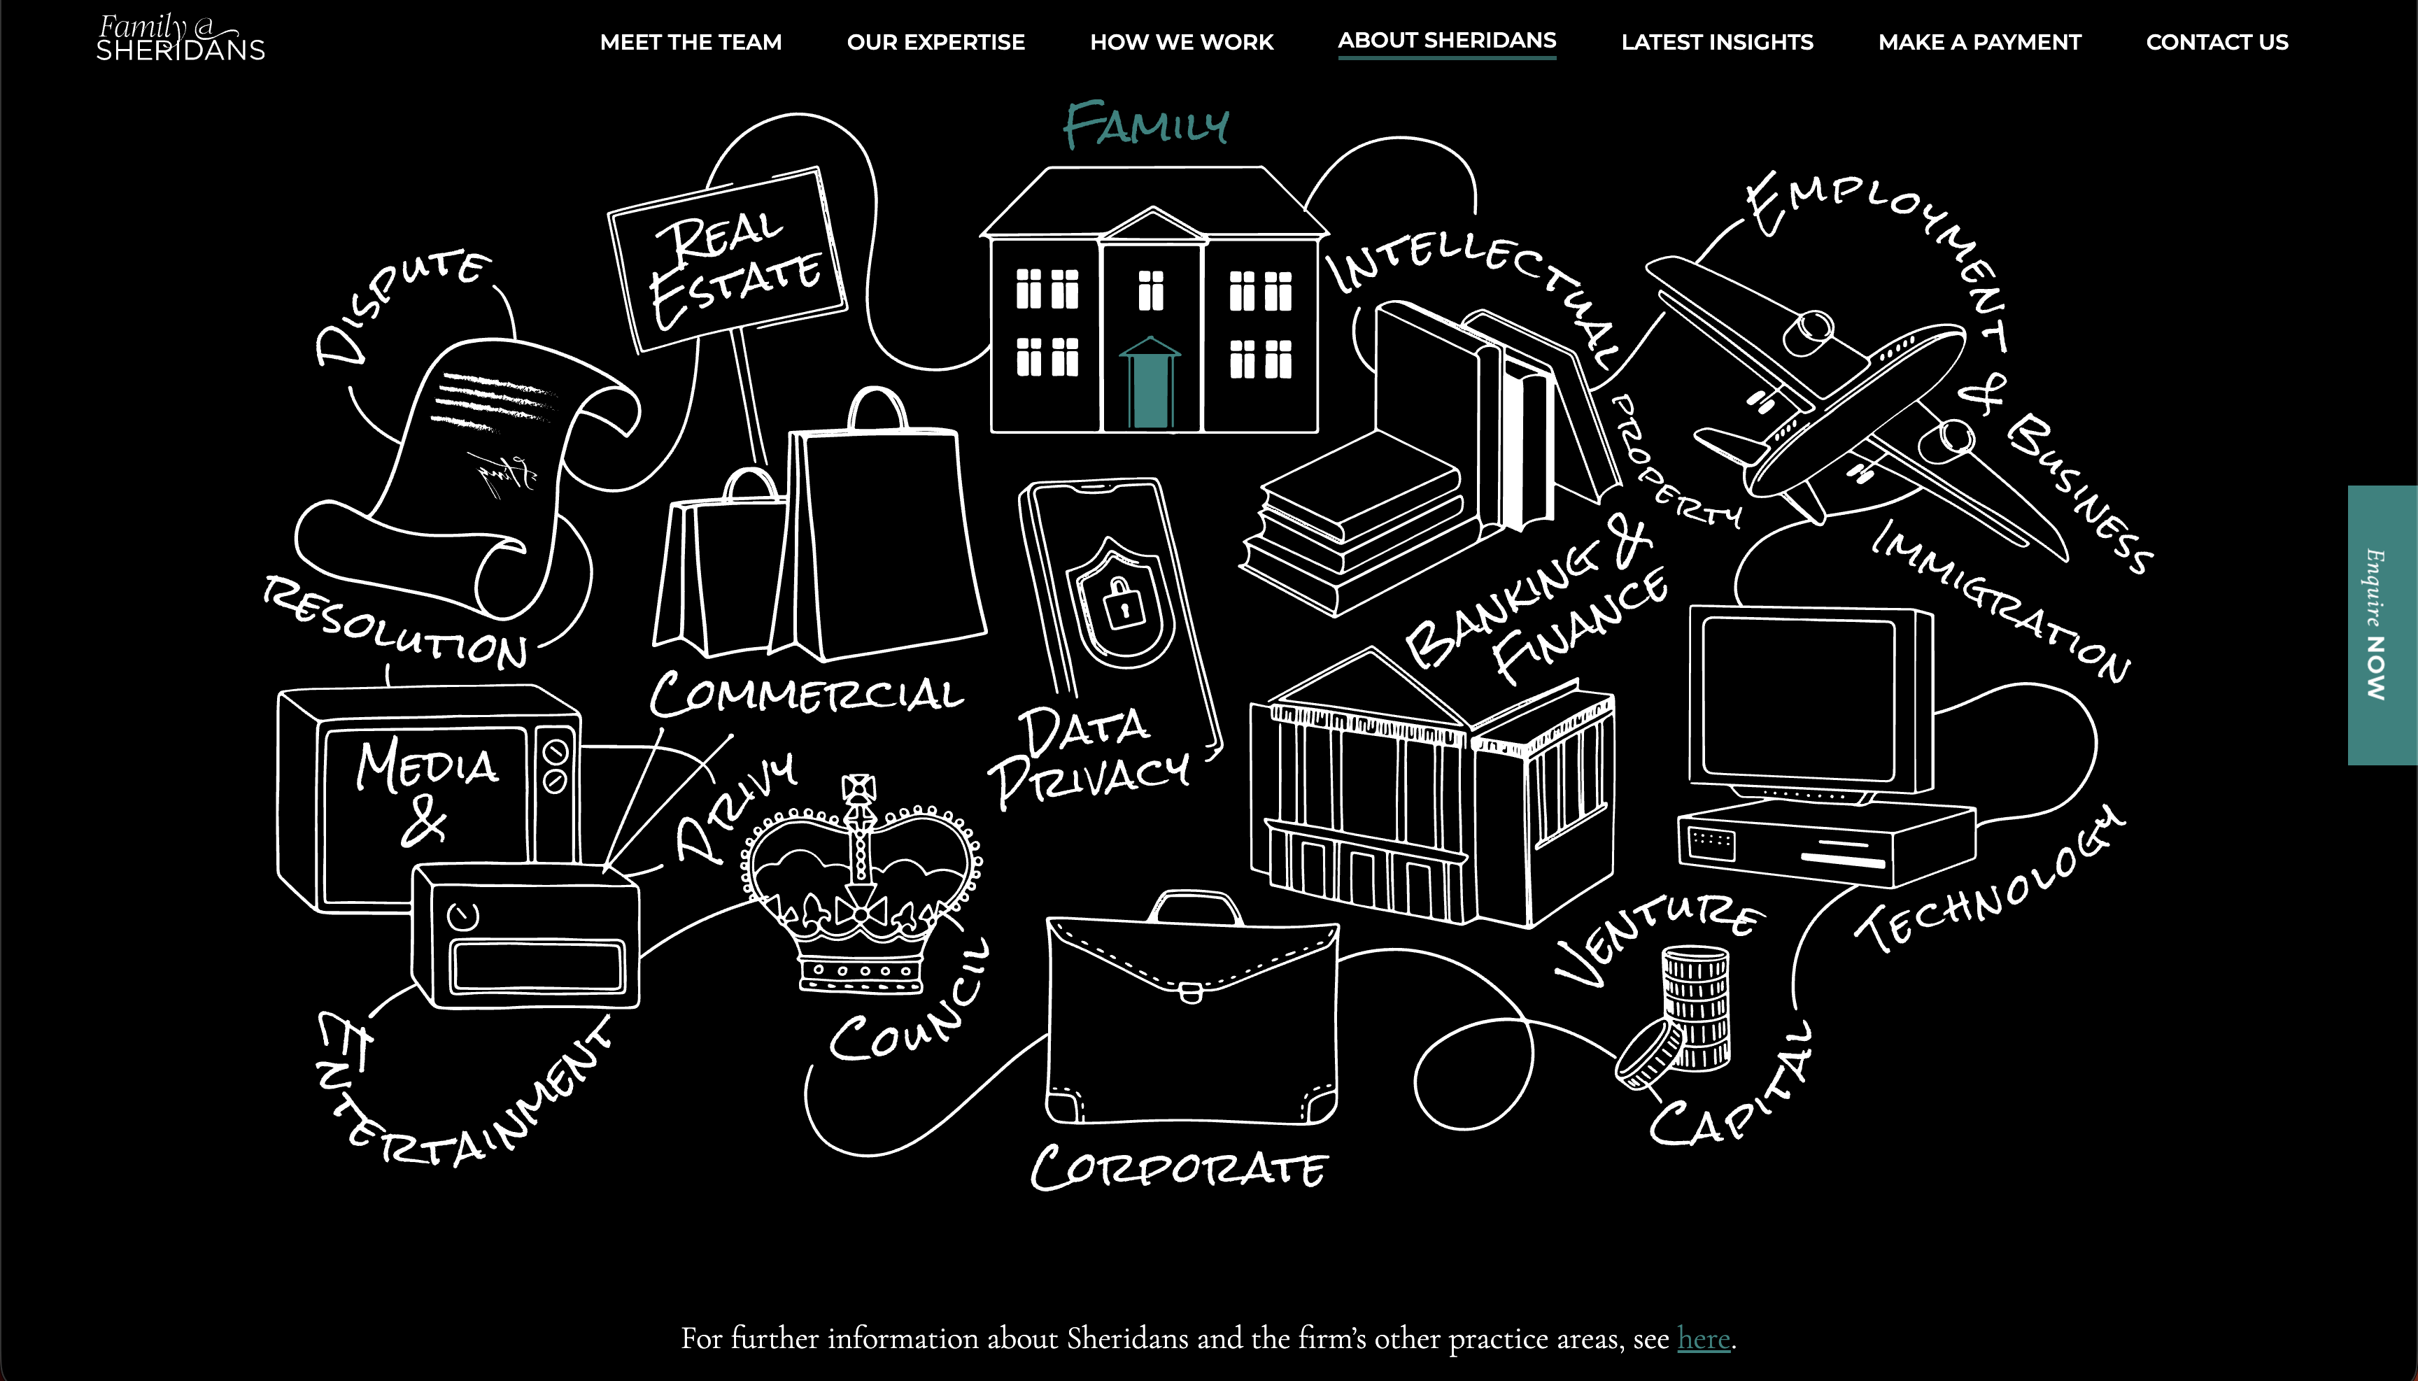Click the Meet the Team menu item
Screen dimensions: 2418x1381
[691, 42]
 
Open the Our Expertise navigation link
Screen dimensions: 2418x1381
[935, 42]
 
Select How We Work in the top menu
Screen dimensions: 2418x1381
[1181, 42]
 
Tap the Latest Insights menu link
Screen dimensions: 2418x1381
[1717, 42]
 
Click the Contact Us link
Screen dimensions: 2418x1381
[2217, 42]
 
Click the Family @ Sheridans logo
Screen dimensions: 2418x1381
[181, 38]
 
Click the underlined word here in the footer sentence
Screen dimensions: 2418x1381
[1704, 1338]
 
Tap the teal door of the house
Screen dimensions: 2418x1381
[1150, 387]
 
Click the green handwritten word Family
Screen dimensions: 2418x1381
[1146, 125]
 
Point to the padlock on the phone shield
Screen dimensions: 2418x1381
[1122, 602]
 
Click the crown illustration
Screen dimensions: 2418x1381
[861, 887]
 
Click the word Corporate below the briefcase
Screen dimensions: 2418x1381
[1179, 1168]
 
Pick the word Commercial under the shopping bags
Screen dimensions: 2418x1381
[806, 694]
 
